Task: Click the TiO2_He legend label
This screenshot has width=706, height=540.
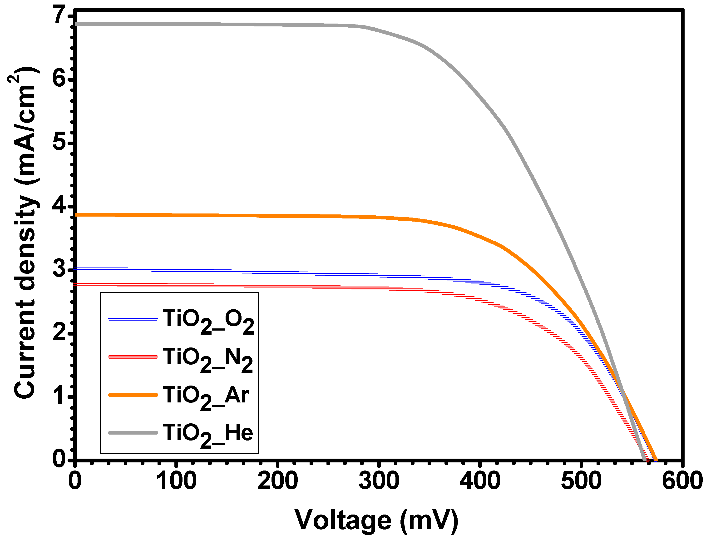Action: point(207,435)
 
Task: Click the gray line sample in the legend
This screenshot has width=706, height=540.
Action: point(133,433)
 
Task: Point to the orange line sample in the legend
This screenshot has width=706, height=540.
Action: point(133,395)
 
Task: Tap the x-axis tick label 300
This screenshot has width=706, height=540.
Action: point(379,481)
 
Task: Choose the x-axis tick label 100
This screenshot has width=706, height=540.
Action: point(176,481)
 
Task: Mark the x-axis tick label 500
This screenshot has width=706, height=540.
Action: point(581,481)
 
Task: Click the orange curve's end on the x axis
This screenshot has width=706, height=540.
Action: point(656,460)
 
